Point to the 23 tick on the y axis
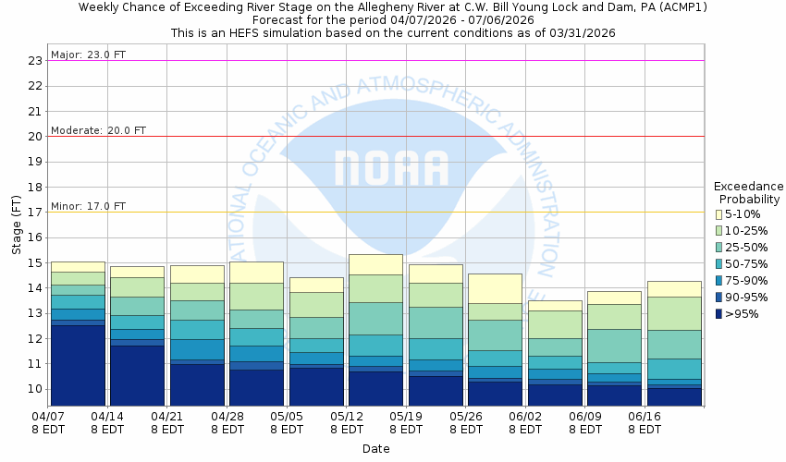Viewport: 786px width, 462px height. pyautogui.click(x=35, y=61)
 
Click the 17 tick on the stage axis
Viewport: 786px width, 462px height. pyautogui.click(x=35, y=212)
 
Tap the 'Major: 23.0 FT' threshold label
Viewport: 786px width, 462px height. pyautogui.click(x=89, y=55)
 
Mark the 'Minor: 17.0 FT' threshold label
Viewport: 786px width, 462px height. pyautogui.click(x=89, y=206)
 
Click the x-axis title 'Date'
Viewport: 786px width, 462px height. pyautogui.click(x=375, y=449)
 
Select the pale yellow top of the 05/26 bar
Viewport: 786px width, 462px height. pyautogui.click(x=495, y=288)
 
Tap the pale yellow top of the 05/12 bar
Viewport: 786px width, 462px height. pyautogui.click(x=375, y=264)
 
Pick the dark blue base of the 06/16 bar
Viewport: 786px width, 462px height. pyautogui.click(x=673, y=396)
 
